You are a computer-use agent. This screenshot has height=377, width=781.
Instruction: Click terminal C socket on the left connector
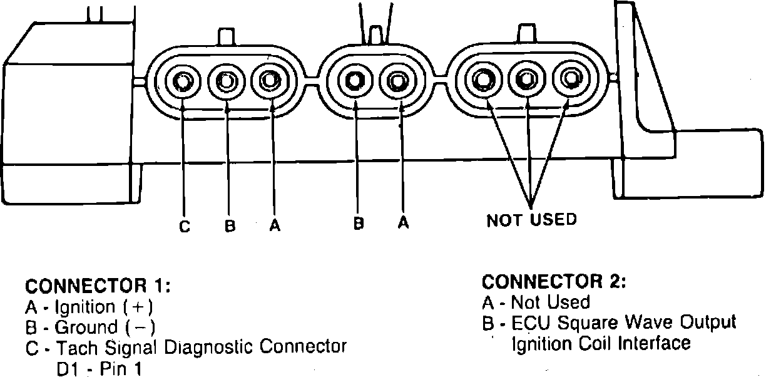(182, 82)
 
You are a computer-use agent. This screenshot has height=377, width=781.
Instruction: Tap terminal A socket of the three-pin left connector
(270, 81)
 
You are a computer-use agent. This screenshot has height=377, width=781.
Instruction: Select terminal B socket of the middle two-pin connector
(354, 81)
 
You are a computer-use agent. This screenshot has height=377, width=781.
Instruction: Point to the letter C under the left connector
(185, 227)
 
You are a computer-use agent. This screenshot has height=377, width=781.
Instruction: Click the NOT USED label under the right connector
(531, 220)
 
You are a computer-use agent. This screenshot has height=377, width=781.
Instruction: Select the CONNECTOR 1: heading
(98, 286)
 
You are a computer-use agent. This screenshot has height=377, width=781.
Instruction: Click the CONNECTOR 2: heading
(554, 282)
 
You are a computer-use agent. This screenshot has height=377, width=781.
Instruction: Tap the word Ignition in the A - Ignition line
(85, 307)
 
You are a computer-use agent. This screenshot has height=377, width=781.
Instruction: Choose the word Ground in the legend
(86, 327)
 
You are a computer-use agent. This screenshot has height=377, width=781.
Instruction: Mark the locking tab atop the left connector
(226, 37)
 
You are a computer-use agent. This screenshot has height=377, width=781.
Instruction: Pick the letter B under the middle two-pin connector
(359, 224)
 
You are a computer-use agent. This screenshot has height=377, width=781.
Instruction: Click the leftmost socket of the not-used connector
(483, 80)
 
